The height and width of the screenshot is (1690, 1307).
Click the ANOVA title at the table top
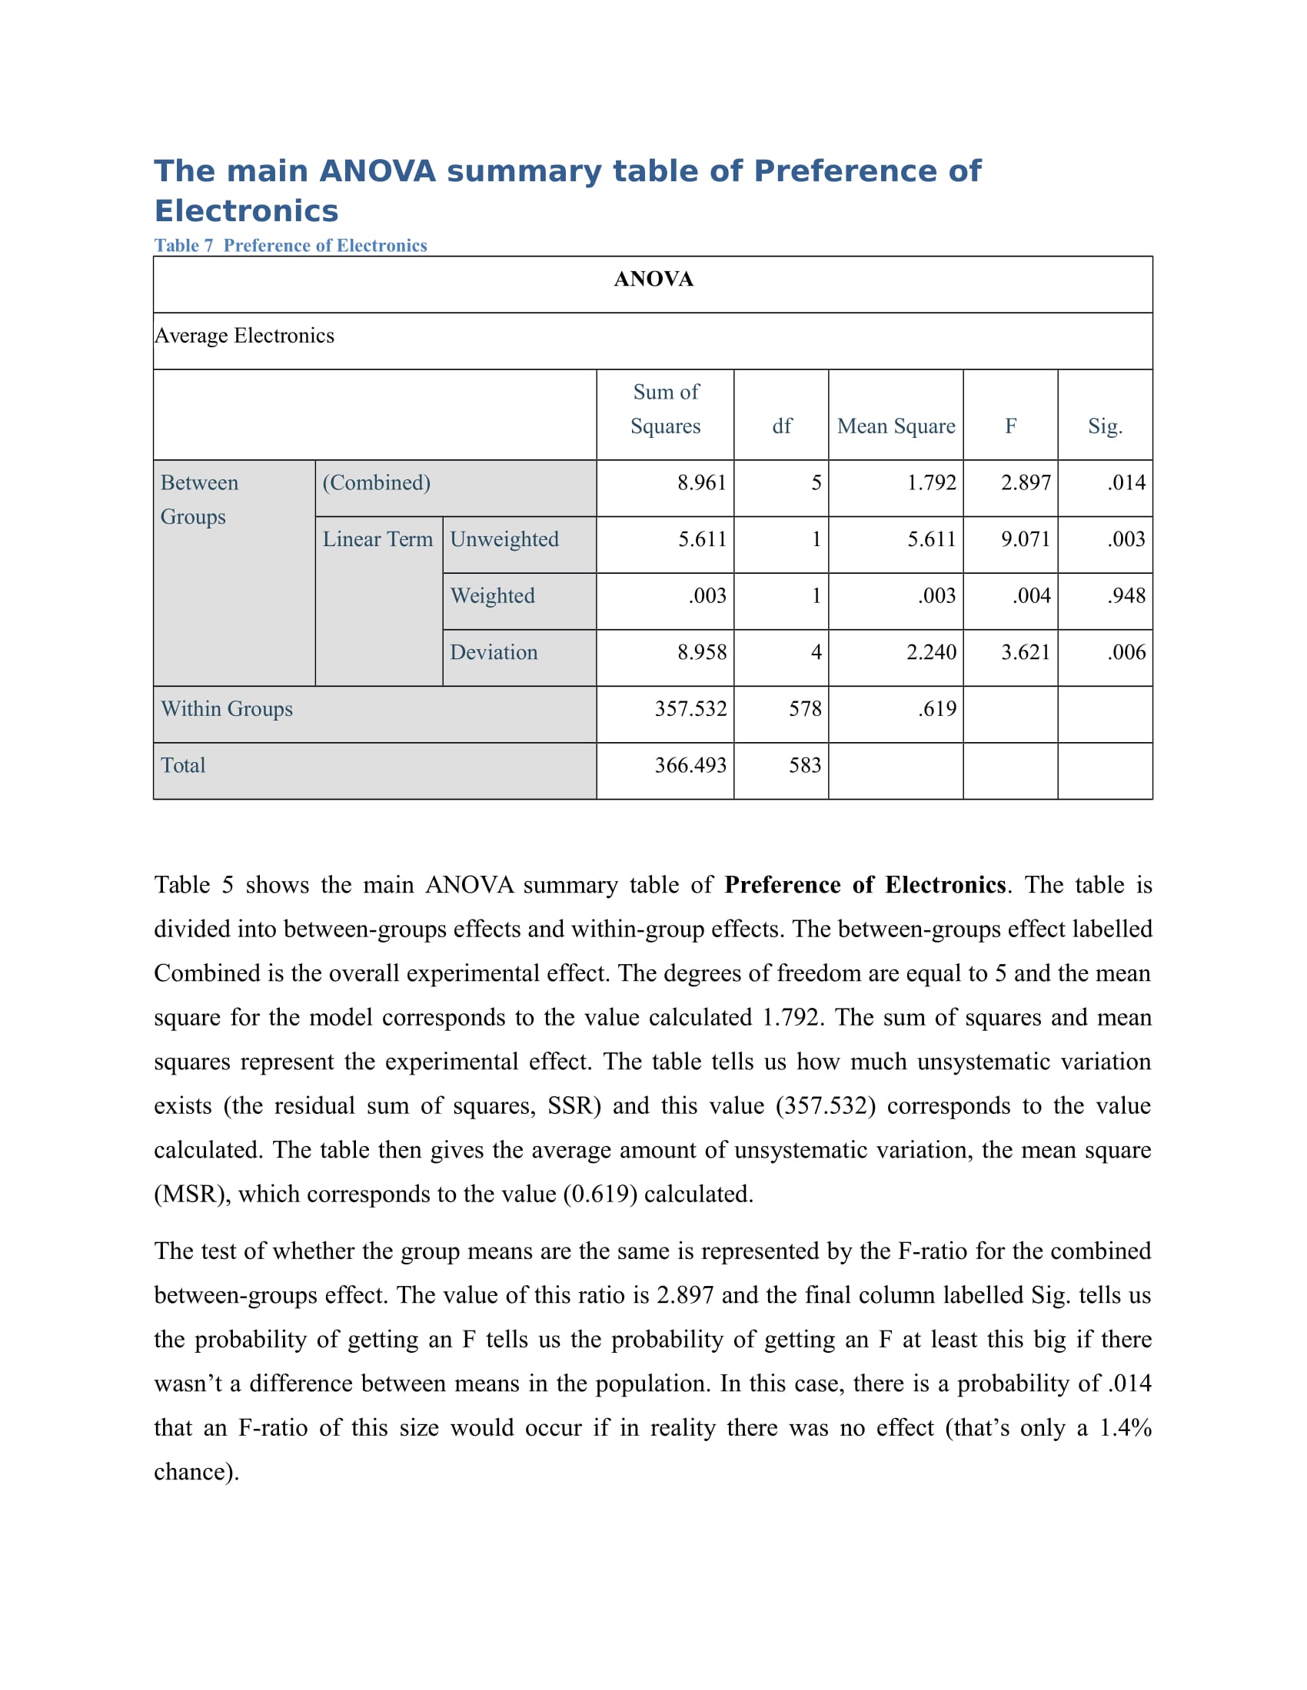653,279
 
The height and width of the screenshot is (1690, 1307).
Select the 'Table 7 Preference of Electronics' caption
291,245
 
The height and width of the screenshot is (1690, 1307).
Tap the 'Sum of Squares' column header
665,409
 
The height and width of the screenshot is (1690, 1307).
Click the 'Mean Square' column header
896,426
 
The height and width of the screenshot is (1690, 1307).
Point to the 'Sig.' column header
1104,426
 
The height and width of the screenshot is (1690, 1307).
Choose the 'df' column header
782,426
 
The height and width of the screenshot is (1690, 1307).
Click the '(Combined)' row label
376,482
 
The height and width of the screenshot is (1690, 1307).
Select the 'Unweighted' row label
504,538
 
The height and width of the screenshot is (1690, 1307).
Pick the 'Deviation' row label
494,651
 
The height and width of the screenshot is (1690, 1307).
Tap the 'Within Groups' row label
227,708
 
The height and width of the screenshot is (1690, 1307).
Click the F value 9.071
1025,538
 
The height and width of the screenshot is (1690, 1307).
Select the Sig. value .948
1126,595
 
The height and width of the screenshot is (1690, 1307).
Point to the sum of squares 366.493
690,764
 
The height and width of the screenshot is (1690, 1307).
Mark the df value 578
804,708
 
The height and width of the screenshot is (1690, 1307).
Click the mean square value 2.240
931,651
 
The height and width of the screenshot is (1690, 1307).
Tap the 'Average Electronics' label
244,335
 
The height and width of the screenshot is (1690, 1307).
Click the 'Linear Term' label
377,538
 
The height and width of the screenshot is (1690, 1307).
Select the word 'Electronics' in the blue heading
246,210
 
